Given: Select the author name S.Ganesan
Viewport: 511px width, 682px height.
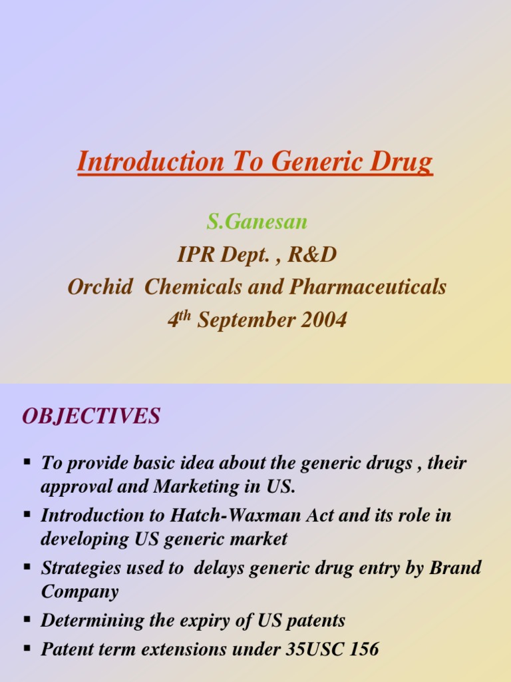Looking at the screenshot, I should [x=257, y=221].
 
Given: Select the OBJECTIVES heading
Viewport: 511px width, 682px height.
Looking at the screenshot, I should [x=91, y=417].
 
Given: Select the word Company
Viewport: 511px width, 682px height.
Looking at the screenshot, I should [x=80, y=591].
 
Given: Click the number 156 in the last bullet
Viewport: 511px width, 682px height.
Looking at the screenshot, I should [x=362, y=649].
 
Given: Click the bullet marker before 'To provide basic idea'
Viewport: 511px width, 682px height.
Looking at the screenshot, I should [x=27, y=461].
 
